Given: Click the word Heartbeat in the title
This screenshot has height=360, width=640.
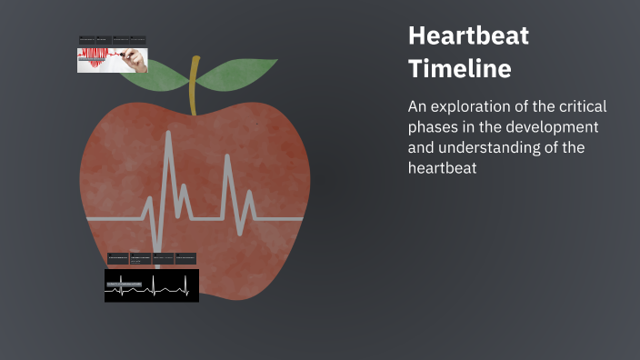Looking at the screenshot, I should (468, 36).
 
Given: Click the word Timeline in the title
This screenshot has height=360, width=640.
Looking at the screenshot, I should (459, 68).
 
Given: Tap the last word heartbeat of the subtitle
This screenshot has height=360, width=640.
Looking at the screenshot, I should (443, 168).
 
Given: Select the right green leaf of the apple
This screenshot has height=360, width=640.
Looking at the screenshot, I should (238, 75).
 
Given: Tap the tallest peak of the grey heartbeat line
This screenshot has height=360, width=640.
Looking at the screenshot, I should (167, 136).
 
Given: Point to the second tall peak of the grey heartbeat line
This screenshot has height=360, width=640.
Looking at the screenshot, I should (226, 159).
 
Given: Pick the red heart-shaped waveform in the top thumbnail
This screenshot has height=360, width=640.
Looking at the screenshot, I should (95, 60).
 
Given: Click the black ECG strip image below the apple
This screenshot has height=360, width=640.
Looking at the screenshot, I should (151, 285).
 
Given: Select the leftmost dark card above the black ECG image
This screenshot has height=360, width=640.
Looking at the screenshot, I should (117, 258).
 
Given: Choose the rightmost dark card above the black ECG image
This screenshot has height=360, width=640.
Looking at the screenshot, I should (186, 258).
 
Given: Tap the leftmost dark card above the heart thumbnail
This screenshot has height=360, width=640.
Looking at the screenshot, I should (86, 40).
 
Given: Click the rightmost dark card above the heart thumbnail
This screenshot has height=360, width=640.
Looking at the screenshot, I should (137, 40).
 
